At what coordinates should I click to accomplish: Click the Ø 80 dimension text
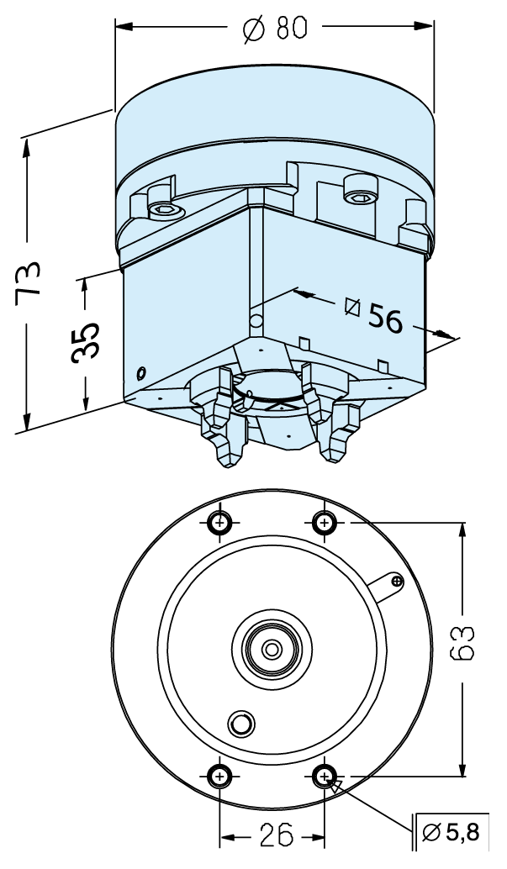(x=275, y=27)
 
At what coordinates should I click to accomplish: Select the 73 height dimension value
(x=28, y=284)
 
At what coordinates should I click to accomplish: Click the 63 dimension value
(x=462, y=643)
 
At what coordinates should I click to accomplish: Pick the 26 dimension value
(x=277, y=835)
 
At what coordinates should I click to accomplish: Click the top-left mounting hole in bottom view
(x=220, y=522)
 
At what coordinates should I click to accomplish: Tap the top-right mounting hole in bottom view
(x=324, y=522)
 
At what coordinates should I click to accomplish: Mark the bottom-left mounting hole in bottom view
(x=219, y=777)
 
